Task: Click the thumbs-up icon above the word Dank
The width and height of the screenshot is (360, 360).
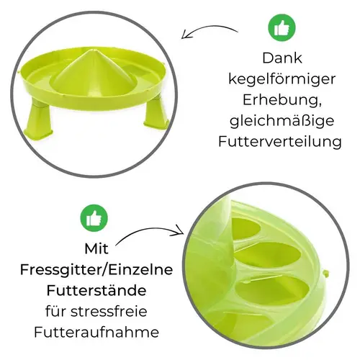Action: pyautogui.click(x=282, y=28)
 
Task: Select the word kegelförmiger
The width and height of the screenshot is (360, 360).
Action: pyautogui.click(x=282, y=81)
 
